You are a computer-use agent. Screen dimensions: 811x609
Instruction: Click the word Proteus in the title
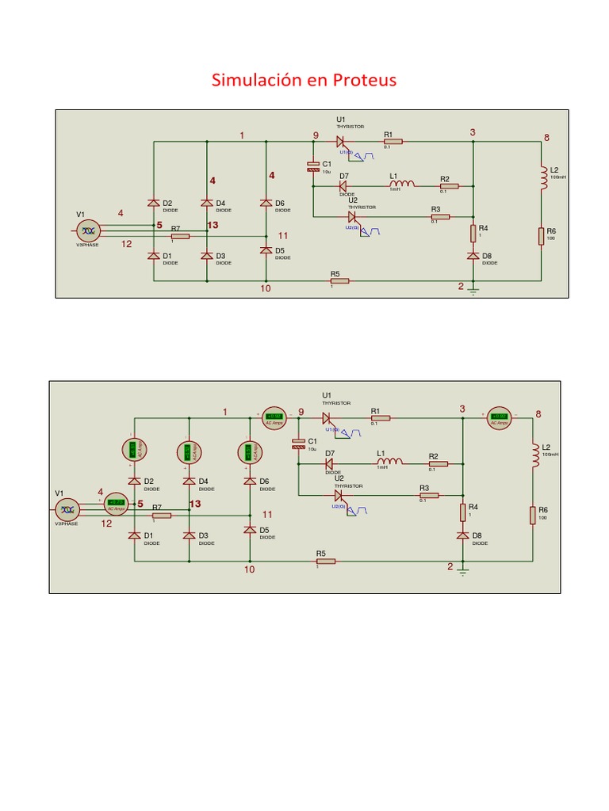click(364, 80)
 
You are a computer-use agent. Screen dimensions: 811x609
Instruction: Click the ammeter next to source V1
click(116, 502)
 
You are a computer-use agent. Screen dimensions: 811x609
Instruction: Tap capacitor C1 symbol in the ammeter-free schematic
click(313, 166)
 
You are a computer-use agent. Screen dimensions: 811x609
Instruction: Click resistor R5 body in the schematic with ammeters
click(326, 562)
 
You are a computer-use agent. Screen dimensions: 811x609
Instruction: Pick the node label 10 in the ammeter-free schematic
click(266, 288)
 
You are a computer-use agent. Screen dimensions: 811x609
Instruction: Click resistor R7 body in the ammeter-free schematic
click(180, 236)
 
